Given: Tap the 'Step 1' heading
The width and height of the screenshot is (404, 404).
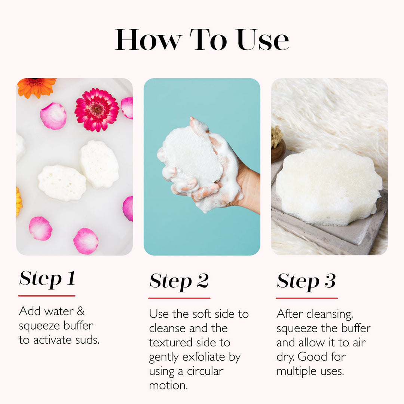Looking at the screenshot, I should click(47, 279).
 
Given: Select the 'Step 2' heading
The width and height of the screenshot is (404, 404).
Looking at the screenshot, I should click(179, 281).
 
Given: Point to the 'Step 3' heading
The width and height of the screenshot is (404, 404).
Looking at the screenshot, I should click(306, 281).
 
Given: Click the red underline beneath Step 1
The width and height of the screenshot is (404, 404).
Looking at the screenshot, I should click(47, 296).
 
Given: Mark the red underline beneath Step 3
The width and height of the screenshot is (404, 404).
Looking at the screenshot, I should click(307, 298).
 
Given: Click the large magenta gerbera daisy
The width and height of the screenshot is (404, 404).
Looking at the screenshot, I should click(97, 110).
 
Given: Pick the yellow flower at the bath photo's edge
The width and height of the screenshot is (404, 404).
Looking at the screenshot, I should click(19, 202).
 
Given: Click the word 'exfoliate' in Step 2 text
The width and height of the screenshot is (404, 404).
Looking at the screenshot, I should click(204, 357).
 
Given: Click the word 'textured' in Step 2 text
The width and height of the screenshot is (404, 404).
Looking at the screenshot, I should click(171, 343).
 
